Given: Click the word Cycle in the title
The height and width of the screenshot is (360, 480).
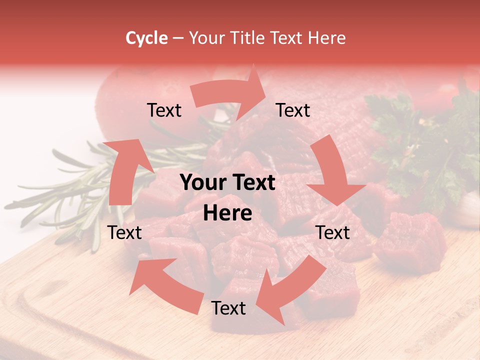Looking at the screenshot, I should tap(146, 38).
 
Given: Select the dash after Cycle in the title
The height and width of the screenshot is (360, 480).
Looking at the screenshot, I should tap(177, 38).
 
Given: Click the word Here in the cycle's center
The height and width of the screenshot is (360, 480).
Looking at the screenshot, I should tap(227, 213).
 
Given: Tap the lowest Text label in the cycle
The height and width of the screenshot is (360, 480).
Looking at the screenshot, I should tap(228, 308).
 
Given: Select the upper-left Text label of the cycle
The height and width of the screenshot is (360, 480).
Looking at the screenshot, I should tap(164, 110).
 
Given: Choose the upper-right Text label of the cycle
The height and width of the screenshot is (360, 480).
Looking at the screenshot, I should tap(293, 110).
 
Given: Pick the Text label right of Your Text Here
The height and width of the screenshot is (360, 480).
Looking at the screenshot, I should tap(332, 232).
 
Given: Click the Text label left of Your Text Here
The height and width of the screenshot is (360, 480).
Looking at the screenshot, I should tap(125, 232).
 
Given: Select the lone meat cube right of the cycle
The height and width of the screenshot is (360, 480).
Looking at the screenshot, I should tap(410, 242).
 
